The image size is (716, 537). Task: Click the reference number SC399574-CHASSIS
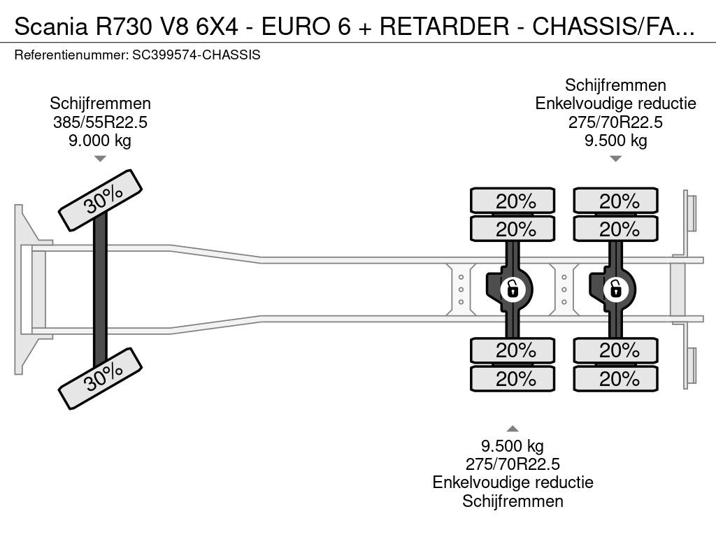[196, 55]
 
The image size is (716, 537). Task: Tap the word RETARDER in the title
[444, 26]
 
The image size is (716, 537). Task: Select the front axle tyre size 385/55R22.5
[100, 122]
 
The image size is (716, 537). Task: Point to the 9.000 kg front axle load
[100, 140]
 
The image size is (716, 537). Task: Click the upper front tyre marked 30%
[101, 201]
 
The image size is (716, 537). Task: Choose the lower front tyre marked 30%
[101, 378]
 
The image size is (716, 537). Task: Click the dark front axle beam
[100, 289]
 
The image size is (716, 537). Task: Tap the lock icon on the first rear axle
[513, 289]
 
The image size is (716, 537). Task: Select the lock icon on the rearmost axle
[615, 289]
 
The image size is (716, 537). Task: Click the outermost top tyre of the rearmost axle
[615, 201]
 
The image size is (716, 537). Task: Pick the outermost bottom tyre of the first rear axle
[513, 378]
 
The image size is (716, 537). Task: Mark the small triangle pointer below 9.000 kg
[100, 159]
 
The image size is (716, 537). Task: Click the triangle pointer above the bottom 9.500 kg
[513, 429]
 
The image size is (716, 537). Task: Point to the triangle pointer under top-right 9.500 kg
[615, 159]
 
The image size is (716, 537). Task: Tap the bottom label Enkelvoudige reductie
[513, 482]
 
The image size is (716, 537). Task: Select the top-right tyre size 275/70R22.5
[615, 122]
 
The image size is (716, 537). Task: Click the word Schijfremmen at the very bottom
[513, 501]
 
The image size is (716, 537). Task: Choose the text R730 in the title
[123, 26]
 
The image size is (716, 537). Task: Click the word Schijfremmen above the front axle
[100, 103]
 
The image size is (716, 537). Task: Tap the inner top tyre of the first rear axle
[513, 229]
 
